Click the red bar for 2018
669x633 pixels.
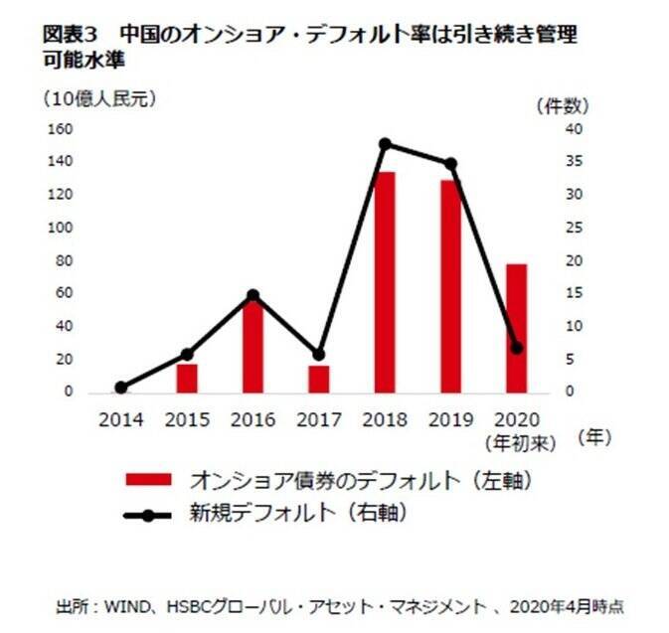click(385, 282)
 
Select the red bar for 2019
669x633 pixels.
click(450, 286)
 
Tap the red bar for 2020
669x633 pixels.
click(516, 328)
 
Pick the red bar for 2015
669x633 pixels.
click(187, 379)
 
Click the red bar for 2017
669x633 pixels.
click(319, 379)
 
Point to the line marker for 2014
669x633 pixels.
click(121, 388)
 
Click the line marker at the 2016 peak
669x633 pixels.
click(252, 295)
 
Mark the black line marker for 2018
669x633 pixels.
click(385, 144)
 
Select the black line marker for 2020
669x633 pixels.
click(516, 348)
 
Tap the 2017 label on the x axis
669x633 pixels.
click(319, 419)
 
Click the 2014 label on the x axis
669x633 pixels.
click(121, 419)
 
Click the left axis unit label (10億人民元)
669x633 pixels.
click(98, 98)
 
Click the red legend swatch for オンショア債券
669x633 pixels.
click(149, 480)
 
